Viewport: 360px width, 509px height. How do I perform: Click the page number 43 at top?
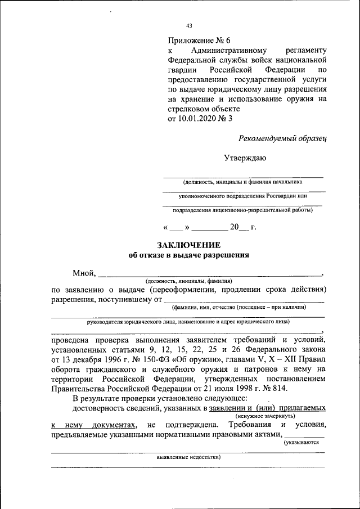pyautogui.click(x=189, y=25)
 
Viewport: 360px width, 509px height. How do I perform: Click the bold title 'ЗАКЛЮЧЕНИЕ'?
pyautogui.click(x=188, y=245)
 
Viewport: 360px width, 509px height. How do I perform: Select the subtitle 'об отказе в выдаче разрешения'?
pyautogui.click(x=188, y=255)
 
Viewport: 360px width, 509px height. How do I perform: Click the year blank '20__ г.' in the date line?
pyautogui.click(x=242, y=228)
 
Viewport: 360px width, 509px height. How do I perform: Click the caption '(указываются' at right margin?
pyautogui.click(x=302, y=443)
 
